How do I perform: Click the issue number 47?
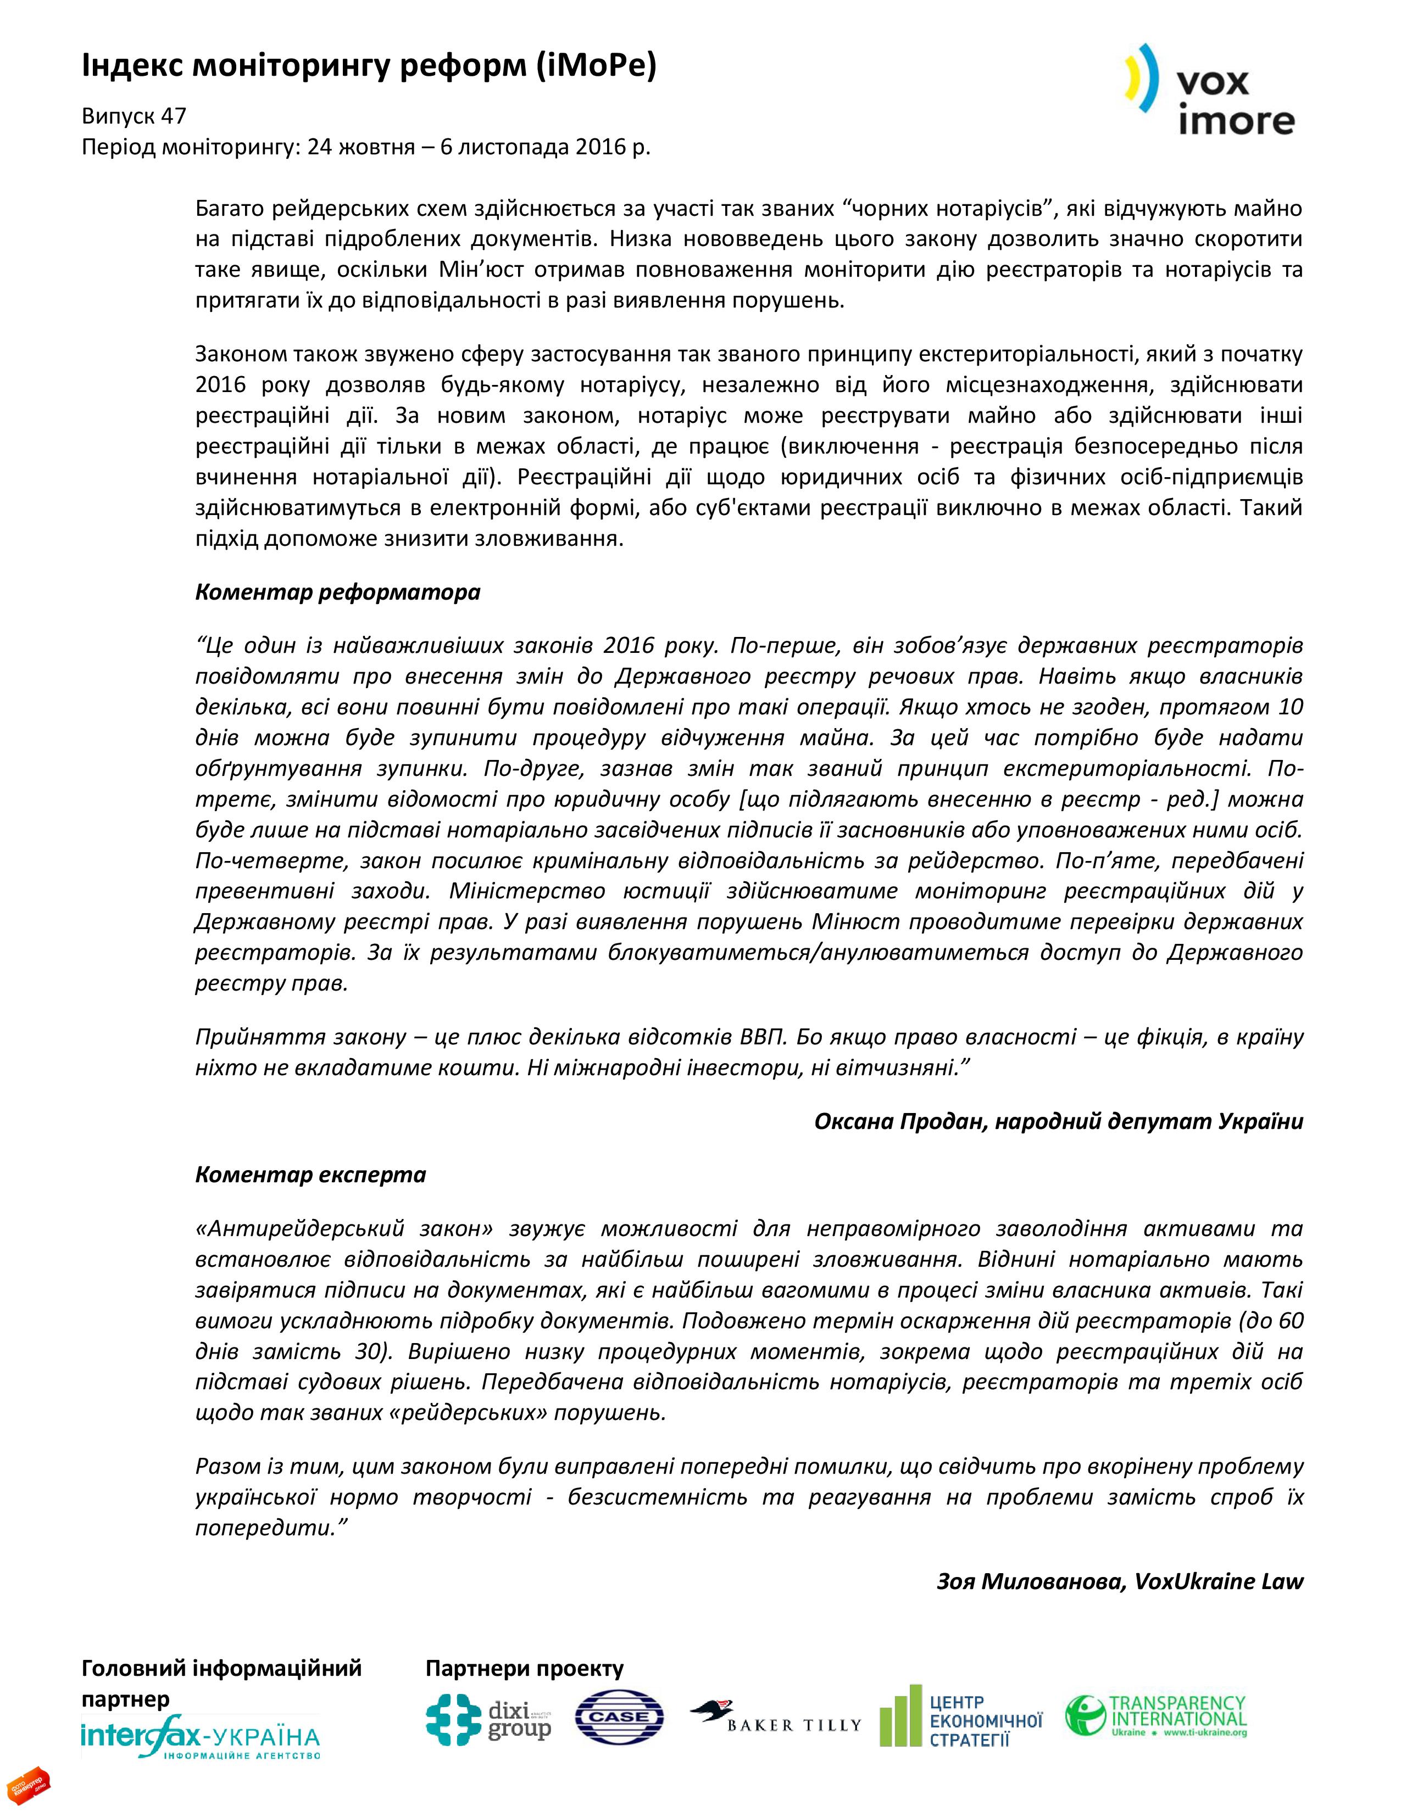click(174, 116)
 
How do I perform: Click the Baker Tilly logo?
click(775, 1719)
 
